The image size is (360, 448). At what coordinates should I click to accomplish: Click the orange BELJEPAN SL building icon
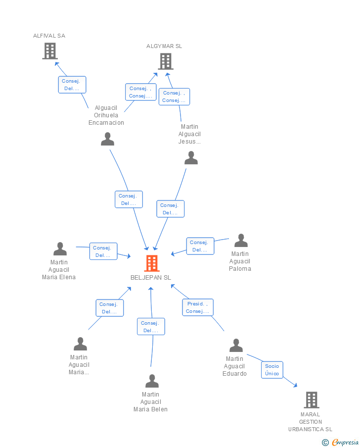coord(152,263)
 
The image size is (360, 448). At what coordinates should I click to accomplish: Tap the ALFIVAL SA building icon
coord(50,51)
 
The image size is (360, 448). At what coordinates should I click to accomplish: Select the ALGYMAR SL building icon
coord(166,61)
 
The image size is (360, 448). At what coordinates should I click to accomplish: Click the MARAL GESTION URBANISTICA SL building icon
coord(312,399)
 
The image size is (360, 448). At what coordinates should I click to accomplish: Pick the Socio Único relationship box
coord(272,370)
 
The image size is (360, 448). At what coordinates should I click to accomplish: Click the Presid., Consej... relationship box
coord(198,307)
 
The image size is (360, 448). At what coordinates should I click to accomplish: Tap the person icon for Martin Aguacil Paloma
coord(241,240)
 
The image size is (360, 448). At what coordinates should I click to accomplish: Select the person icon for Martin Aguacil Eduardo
coord(236,346)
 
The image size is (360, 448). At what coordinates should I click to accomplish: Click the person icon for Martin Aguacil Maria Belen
coord(152,381)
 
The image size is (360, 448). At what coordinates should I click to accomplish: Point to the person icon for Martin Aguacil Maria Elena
coord(60,249)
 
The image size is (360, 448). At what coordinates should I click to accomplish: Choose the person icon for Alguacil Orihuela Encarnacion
coord(108,139)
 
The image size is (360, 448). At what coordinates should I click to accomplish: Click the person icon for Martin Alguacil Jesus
coord(191,158)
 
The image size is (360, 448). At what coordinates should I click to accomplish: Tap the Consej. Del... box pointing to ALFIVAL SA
coord(72,85)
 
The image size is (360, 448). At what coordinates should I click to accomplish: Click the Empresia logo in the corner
coord(340,442)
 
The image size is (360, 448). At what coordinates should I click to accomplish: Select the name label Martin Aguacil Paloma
coord(240,261)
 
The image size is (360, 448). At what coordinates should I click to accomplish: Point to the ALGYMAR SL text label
coord(164,46)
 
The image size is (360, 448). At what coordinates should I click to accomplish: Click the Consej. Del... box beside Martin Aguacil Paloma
coord(200,246)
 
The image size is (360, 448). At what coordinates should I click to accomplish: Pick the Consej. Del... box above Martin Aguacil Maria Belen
coord(151,327)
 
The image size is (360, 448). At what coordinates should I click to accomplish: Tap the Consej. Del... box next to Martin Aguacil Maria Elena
coord(103,251)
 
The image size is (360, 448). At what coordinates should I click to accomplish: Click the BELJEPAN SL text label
coord(151,277)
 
